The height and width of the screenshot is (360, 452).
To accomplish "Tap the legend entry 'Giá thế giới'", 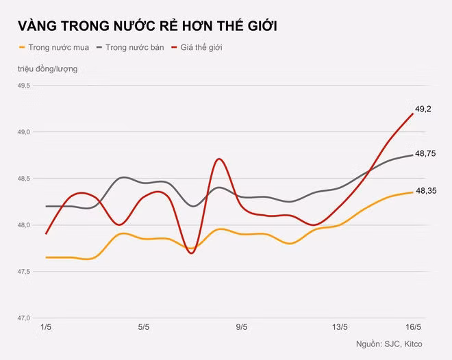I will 205,48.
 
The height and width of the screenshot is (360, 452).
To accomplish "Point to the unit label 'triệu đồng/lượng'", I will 48,69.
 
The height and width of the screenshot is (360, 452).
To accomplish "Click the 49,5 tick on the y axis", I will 24,86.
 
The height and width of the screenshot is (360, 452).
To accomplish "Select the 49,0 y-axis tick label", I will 24,132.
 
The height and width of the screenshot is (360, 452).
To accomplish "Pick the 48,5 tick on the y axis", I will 24,179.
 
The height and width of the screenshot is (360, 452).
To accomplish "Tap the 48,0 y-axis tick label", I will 24,225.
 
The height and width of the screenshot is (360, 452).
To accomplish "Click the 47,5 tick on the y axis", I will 24,272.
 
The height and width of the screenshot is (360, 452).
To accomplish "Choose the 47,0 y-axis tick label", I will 24,318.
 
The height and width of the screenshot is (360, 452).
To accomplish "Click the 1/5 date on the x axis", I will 47,328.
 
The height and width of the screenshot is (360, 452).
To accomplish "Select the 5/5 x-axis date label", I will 144,328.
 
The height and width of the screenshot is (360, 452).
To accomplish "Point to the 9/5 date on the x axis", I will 241,328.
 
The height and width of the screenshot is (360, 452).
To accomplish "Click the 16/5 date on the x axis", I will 412,328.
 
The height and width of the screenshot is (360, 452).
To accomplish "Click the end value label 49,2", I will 423,109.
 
